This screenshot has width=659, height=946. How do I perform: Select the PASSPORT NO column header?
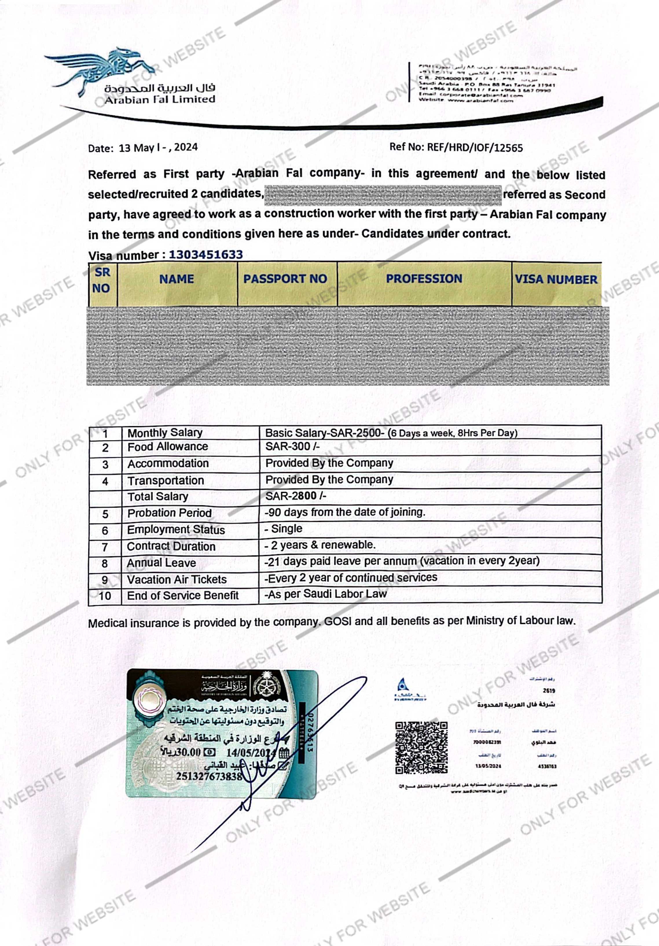(x=285, y=279)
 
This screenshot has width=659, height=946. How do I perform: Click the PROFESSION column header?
(x=424, y=279)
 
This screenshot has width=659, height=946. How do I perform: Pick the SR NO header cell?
(x=102, y=280)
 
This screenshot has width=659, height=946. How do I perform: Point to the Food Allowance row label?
(x=168, y=447)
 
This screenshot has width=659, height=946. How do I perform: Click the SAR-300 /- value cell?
(x=292, y=446)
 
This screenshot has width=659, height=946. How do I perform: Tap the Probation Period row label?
(x=169, y=513)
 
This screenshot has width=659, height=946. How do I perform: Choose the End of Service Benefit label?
(x=182, y=595)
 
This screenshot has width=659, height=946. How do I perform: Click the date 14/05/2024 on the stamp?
(x=249, y=752)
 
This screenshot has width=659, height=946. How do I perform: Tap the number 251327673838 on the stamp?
(x=209, y=777)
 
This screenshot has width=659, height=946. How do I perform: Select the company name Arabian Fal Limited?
(x=160, y=100)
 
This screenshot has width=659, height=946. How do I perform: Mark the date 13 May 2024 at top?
(x=158, y=147)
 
